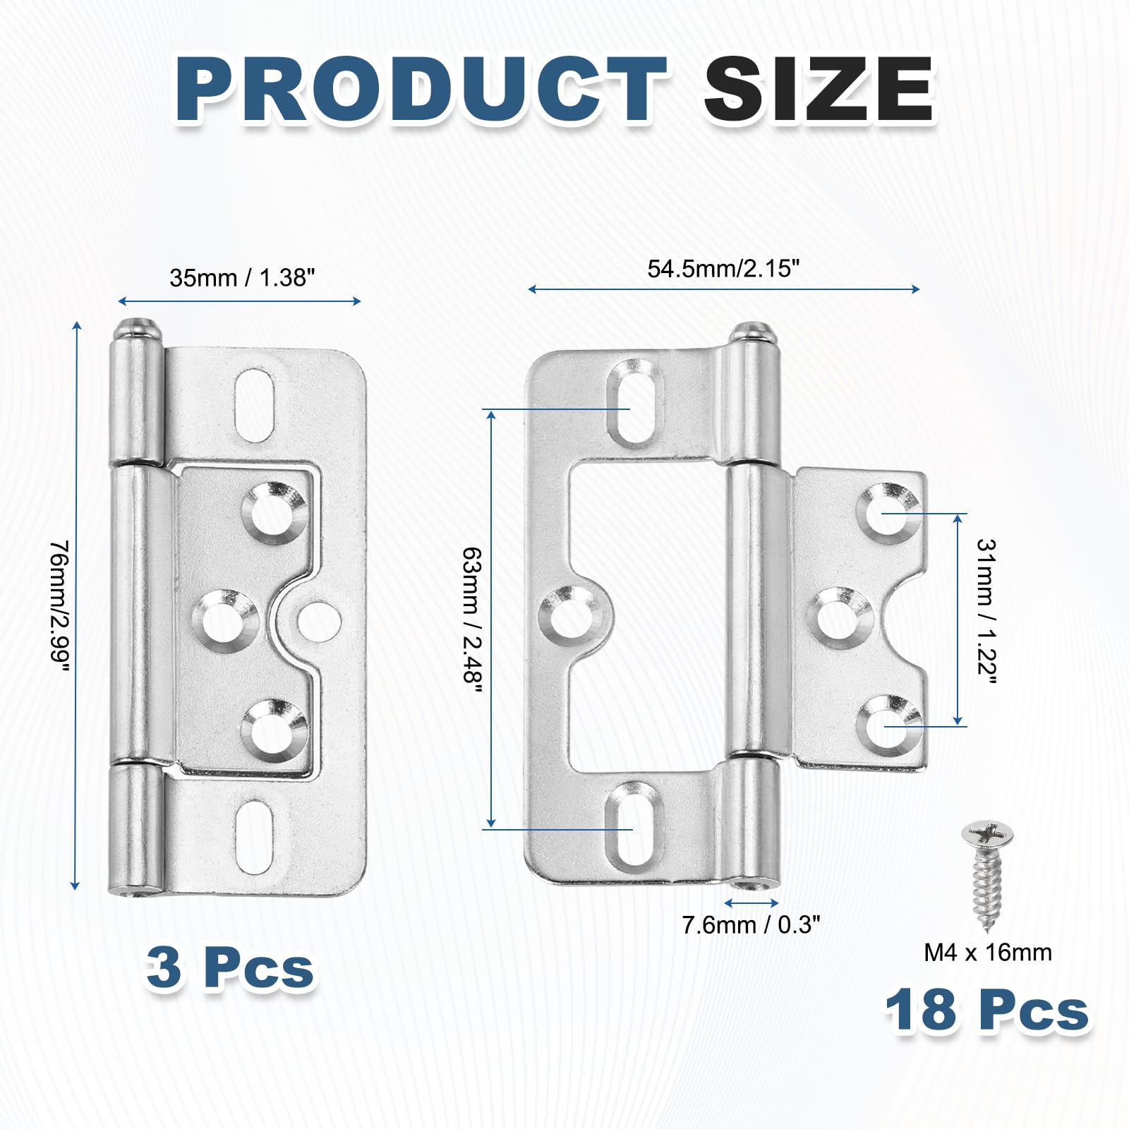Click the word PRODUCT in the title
pyautogui.click(x=421, y=90)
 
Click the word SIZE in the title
pyautogui.click(x=819, y=90)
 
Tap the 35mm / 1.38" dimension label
pyautogui.click(x=242, y=277)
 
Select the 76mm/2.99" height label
pyautogui.click(x=61, y=606)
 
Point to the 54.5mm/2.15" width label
pyautogui.click(x=723, y=269)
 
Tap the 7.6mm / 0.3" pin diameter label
pyautogui.click(x=751, y=924)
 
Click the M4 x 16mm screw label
pyautogui.click(x=988, y=952)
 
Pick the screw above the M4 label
pyautogui.click(x=988, y=874)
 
